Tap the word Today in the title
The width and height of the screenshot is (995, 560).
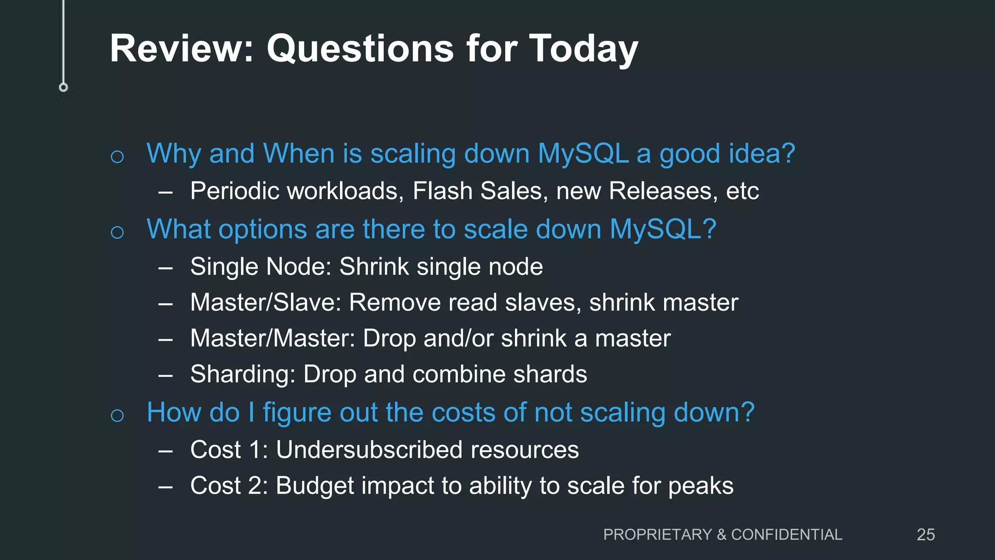tap(583, 49)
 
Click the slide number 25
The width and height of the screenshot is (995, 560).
tap(926, 535)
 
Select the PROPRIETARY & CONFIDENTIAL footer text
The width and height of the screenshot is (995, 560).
tap(722, 535)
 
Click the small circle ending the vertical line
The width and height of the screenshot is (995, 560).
tap(63, 87)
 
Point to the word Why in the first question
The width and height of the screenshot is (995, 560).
tap(173, 154)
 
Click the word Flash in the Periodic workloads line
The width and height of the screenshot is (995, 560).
tap(442, 191)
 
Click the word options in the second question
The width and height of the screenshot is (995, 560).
tap(262, 229)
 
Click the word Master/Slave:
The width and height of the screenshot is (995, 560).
tap(266, 302)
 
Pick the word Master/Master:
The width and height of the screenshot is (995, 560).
tap(273, 338)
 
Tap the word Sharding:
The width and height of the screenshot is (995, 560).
tap(243, 374)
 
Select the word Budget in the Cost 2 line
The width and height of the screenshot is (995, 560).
tap(315, 486)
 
